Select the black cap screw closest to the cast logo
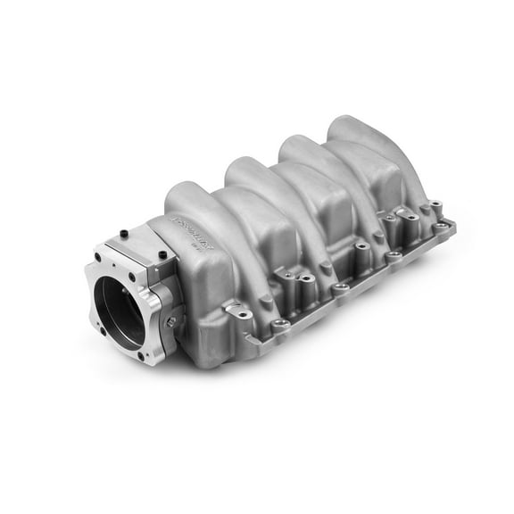(x=162, y=255)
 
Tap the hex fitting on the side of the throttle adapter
(x=171, y=320)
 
